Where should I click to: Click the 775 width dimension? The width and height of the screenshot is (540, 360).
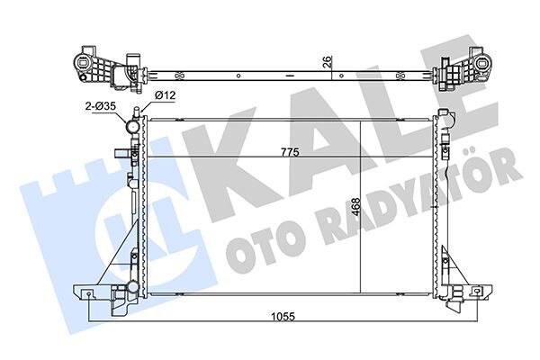[x=288, y=153]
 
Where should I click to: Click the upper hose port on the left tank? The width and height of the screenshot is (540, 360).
[x=132, y=127]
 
